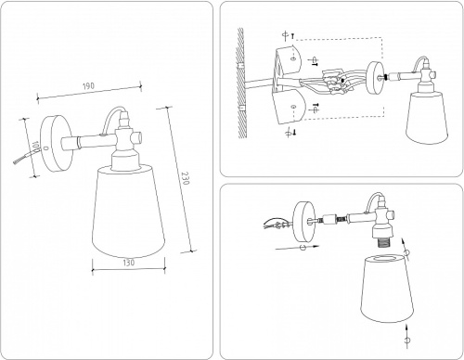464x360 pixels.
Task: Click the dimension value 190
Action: pyautogui.click(x=89, y=86)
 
